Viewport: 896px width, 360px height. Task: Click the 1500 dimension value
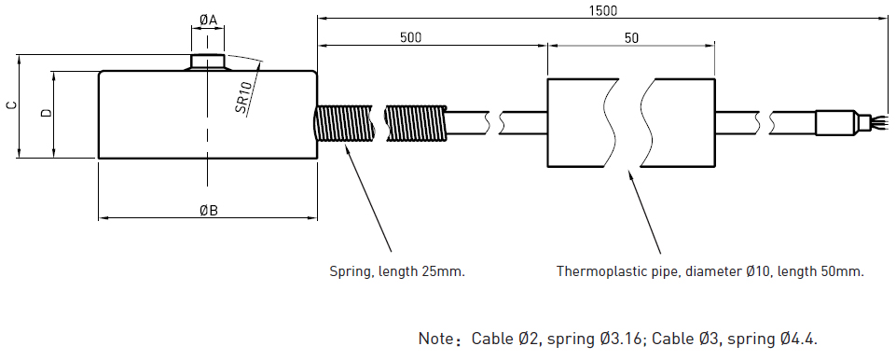[604, 10]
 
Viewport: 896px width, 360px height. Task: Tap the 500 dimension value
[411, 37]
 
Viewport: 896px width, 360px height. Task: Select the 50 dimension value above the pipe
[631, 38]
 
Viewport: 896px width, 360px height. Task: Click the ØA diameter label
[208, 20]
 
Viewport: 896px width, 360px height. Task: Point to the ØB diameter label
[209, 211]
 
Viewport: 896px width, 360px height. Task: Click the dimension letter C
[11, 105]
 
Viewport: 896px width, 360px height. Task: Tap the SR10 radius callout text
[244, 97]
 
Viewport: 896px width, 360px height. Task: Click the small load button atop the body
[207, 62]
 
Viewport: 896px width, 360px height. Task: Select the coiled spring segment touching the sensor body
[344, 123]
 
